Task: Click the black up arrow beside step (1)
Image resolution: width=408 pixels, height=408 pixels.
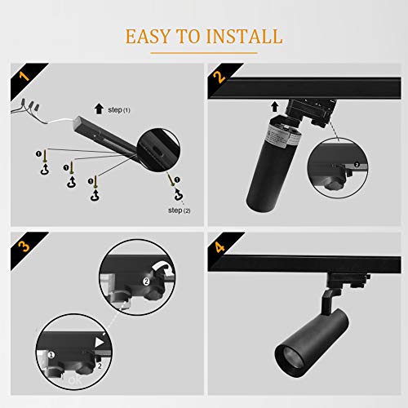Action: coord(99,107)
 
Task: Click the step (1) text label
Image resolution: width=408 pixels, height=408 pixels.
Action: coord(120,109)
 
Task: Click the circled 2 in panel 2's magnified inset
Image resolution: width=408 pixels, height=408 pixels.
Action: coord(355,164)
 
